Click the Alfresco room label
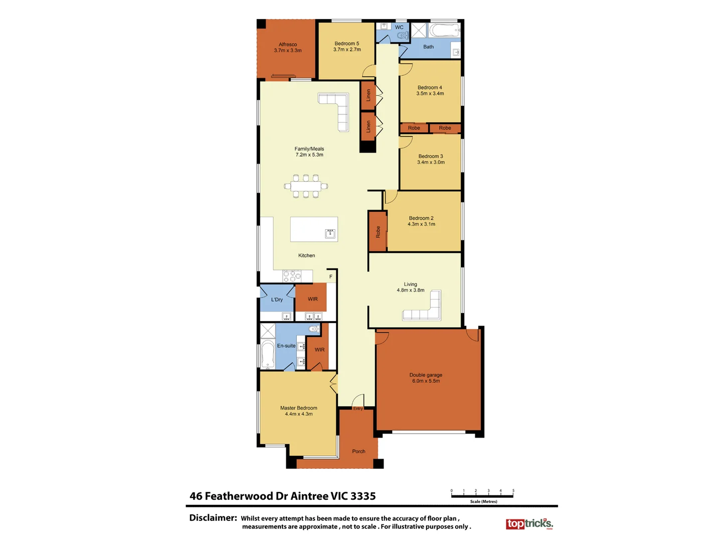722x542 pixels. (288, 45)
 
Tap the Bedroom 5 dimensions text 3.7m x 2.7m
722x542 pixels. (347, 50)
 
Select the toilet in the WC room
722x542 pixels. (402, 35)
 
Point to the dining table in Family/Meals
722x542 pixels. (306, 186)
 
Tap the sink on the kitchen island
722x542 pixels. (330, 233)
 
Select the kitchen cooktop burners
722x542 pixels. (292, 276)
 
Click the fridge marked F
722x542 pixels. (331, 277)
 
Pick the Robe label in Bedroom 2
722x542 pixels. (378, 232)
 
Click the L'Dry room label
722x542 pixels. (277, 300)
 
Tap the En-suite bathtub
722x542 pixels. (268, 354)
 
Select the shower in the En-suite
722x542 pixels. (268, 331)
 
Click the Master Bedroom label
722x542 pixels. (299, 408)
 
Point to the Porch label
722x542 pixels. (358, 451)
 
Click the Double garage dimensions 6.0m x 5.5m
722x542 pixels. (426, 381)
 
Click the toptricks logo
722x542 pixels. (529, 524)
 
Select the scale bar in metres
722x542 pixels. (482, 496)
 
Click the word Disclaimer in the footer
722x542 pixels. (213, 518)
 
